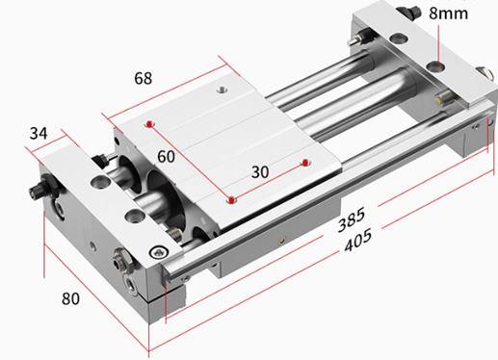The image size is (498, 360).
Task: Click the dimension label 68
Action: click(x=144, y=78)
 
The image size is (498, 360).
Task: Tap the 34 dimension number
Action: click(x=39, y=133)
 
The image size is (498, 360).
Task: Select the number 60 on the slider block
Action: click(x=166, y=157)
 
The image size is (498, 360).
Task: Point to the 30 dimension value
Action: click(x=260, y=172)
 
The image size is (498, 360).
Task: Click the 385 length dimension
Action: click(x=352, y=219)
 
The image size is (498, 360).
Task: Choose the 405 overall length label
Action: click(x=358, y=240)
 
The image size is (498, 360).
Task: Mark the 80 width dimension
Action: click(x=70, y=298)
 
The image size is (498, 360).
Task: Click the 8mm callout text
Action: click(x=448, y=13)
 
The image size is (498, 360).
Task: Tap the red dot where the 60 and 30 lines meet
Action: click(x=231, y=200)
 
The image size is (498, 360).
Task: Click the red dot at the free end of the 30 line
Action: click(x=305, y=163)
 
